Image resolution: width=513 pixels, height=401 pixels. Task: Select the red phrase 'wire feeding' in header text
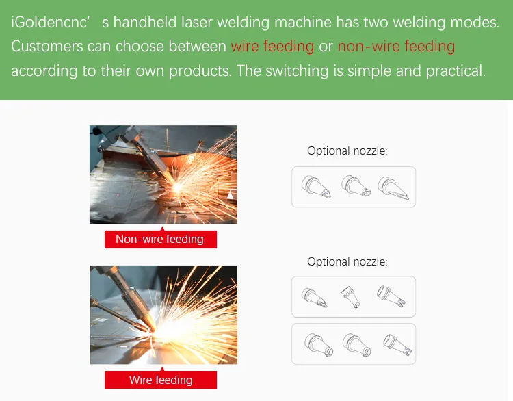coord(272,47)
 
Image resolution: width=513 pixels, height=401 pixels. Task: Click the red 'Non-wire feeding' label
coord(160,239)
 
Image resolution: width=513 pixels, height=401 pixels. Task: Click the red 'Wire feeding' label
coord(160,380)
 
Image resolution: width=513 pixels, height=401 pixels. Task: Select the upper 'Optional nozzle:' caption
coord(347,151)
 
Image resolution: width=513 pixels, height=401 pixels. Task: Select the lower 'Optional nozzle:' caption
coord(347,261)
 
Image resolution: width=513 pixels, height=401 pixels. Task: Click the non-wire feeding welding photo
coord(163,174)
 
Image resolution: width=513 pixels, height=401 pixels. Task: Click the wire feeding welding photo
coord(163,315)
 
